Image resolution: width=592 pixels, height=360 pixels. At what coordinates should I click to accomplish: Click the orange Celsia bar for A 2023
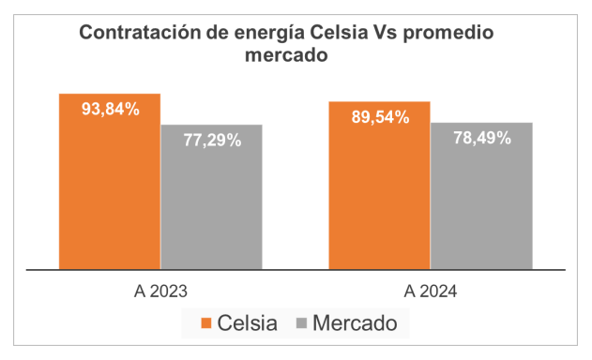(110, 182)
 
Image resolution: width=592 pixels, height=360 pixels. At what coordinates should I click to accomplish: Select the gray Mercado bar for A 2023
(212, 197)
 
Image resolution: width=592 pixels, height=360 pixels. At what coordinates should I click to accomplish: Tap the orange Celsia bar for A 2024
(379, 186)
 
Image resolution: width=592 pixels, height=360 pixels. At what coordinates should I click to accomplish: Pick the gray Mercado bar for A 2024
(481, 196)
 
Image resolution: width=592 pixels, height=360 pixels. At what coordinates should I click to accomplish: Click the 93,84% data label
(111, 109)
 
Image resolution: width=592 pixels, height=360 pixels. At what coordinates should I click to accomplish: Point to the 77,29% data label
(213, 140)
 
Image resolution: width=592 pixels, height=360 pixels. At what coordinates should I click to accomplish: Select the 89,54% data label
(381, 117)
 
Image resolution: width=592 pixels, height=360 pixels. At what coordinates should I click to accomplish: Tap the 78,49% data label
(482, 138)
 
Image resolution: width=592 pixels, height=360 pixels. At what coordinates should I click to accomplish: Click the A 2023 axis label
(160, 292)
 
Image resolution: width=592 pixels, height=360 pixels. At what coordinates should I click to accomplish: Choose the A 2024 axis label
(431, 292)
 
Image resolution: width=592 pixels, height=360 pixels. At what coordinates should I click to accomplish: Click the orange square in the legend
(206, 323)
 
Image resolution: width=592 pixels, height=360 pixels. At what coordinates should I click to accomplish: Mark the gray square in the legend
(302, 323)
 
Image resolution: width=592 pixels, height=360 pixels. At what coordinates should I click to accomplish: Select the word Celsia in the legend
(248, 323)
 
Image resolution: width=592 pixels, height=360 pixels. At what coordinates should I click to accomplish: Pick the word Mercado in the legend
(355, 323)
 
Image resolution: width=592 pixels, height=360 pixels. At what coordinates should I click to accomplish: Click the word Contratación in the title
(140, 33)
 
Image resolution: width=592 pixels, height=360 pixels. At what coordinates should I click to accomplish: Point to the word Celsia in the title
(339, 33)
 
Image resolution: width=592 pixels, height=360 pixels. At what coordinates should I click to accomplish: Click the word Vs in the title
(386, 33)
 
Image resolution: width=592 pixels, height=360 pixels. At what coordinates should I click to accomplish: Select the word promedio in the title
(448, 34)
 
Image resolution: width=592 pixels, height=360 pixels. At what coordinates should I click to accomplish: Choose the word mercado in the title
(286, 55)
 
